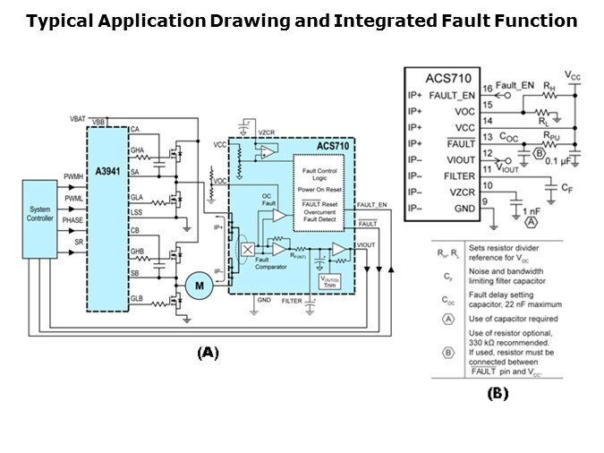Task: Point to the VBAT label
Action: [x=79, y=119]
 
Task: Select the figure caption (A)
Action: [x=208, y=353]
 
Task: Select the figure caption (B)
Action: [x=498, y=392]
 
